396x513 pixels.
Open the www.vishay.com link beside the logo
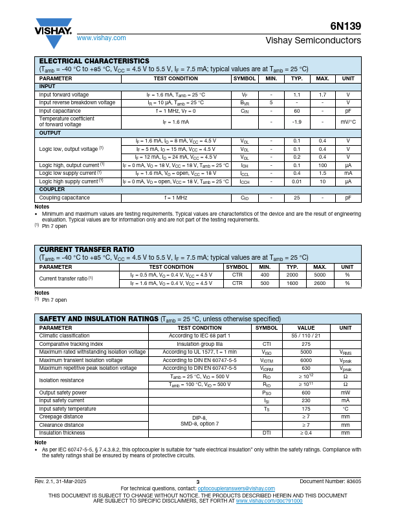(x=101, y=38)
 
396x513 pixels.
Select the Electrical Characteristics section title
(x=94, y=61)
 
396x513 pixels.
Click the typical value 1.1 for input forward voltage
(x=296, y=95)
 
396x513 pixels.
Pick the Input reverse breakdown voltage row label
(x=77, y=102)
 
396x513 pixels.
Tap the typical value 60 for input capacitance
(x=296, y=111)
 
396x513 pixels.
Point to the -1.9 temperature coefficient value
(x=296, y=122)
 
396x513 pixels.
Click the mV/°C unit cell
(x=348, y=122)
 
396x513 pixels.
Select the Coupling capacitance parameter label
(x=65, y=198)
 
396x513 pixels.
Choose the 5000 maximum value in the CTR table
(x=320, y=275)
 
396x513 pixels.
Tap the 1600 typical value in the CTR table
(x=292, y=283)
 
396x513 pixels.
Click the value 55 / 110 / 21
(x=306, y=336)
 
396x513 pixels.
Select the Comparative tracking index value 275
(x=306, y=344)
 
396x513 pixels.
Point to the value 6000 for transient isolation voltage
(x=306, y=360)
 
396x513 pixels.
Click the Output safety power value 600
(x=306, y=393)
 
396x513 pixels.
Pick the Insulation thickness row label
(x=62, y=433)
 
